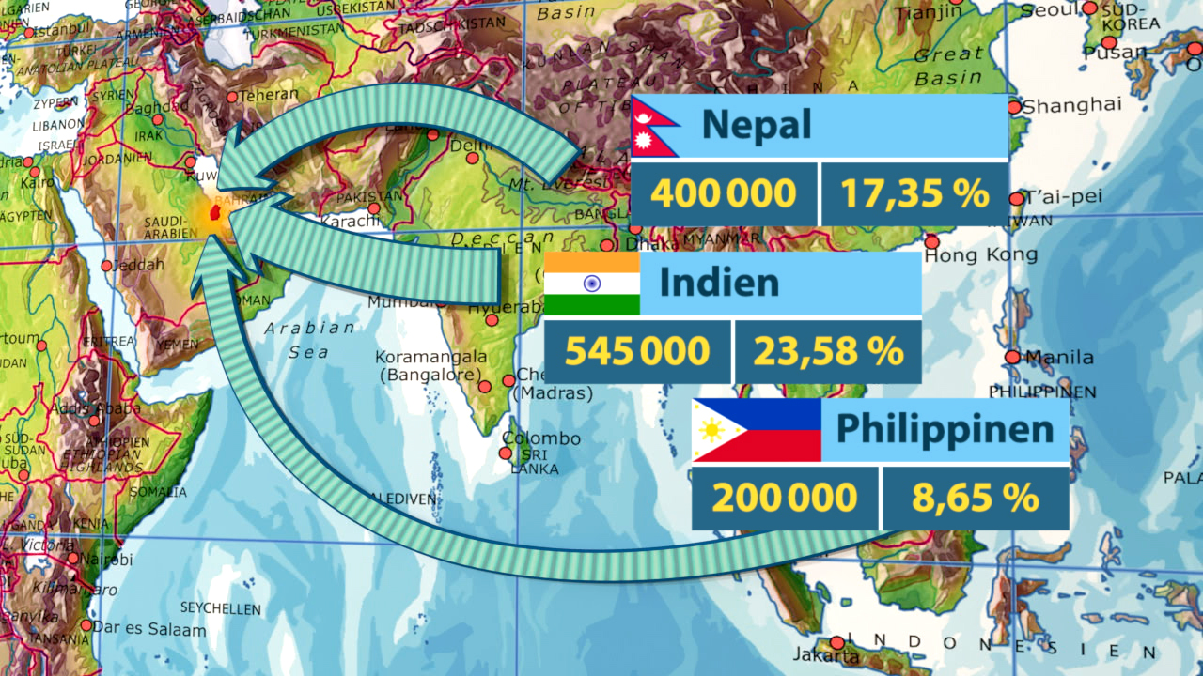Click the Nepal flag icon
654,127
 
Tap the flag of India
592,283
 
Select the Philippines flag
756,430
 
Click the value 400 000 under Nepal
724,194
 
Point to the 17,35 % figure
914,194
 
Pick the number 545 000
637,351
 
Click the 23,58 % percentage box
827,351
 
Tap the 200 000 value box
785,498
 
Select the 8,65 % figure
975,498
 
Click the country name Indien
719,283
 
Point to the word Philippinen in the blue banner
945,429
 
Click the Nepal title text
756,125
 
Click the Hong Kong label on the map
981,254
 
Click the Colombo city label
541,438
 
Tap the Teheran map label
268,95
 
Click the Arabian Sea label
309,340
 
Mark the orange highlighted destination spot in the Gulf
215,215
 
